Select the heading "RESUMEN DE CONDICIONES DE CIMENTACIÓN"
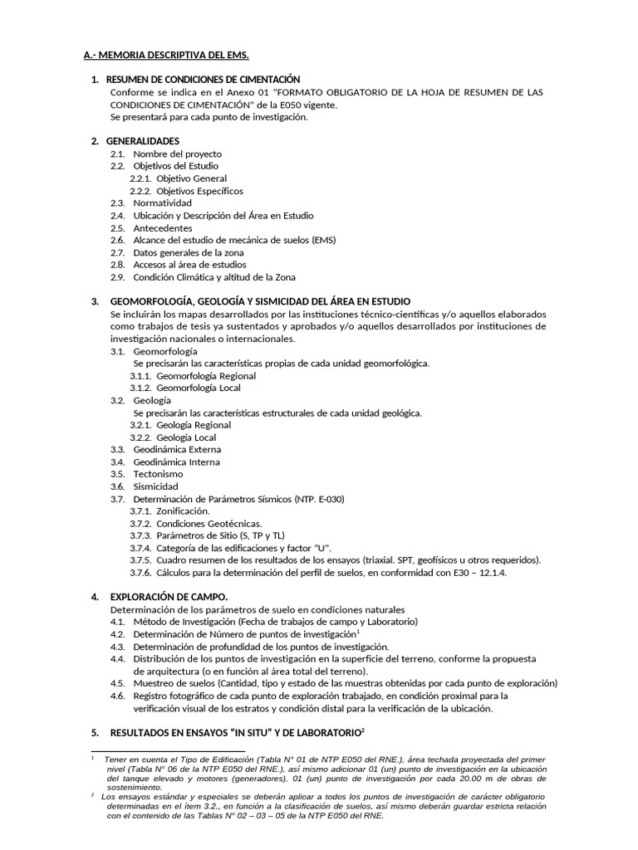coord(203,79)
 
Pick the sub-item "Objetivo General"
coord(191,178)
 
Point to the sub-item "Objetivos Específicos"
coord(196,191)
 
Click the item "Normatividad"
coord(162,203)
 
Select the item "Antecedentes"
coord(163,228)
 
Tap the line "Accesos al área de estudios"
coord(190,265)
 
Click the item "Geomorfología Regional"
coord(205,376)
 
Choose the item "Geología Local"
coord(186,437)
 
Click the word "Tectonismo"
coord(158,474)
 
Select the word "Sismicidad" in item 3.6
coord(156,486)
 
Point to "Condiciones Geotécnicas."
coord(209,524)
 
